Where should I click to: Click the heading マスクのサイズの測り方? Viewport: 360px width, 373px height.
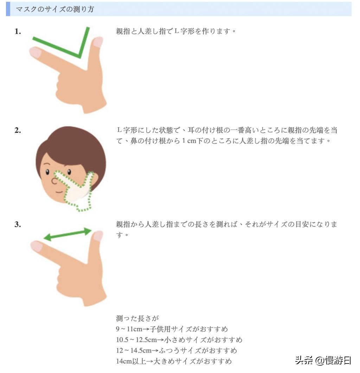click(x=55, y=9)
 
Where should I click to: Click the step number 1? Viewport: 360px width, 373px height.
click(x=18, y=32)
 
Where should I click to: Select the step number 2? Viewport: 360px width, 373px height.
click(x=18, y=130)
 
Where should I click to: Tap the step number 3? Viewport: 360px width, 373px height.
click(x=18, y=224)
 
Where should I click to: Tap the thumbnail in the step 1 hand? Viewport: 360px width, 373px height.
click(x=98, y=42)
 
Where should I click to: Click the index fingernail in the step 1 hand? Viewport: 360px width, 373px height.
click(x=35, y=52)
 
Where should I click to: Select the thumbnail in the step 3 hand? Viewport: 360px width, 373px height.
click(x=98, y=236)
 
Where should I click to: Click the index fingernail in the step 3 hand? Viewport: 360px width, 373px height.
click(x=36, y=246)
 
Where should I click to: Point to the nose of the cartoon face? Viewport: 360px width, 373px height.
click(x=54, y=181)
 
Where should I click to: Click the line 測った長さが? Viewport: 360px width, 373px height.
click(x=137, y=319)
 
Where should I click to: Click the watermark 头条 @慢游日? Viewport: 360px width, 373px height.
click(x=323, y=360)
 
